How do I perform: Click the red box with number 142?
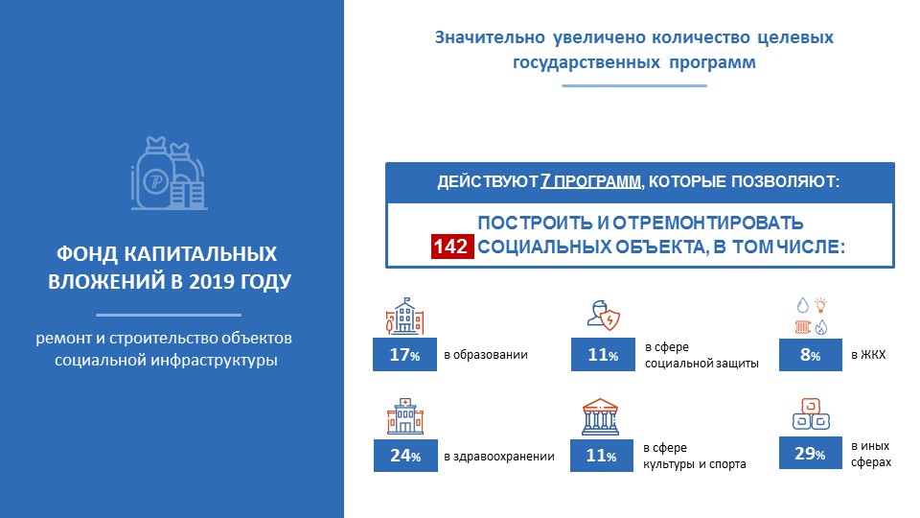coord(452,247)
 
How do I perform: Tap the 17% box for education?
coord(404,354)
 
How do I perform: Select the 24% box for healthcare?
coord(405,455)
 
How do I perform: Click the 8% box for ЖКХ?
coord(811,355)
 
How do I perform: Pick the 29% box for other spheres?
coord(811,453)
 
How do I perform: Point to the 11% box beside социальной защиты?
coord(603,354)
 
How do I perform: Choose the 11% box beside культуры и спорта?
coord(602,455)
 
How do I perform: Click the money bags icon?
coord(169,174)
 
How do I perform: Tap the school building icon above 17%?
coord(404,316)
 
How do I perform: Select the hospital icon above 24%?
coord(405,416)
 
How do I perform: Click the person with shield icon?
coord(604,315)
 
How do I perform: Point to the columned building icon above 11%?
coord(600,417)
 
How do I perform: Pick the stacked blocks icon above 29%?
coord(811,414)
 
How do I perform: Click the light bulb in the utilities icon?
coord(821,305)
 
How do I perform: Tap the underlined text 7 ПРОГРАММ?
coord(590,181)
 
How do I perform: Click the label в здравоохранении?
coord(499,457)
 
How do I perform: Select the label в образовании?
coord(486,355)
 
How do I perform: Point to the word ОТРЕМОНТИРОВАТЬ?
coord(708,224)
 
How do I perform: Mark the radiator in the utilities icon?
coord(803,326)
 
